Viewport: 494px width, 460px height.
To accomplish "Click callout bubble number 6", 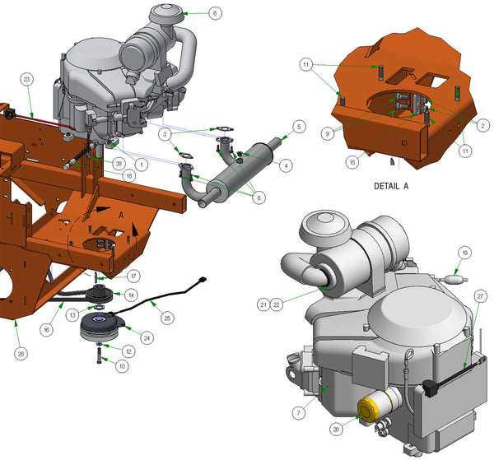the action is [x=215, y=13].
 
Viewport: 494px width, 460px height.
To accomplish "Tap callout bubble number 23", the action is [x=27, y=79].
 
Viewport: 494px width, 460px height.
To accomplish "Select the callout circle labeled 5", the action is [x=299, y=127].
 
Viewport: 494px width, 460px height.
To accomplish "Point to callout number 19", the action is [x=465, y=253].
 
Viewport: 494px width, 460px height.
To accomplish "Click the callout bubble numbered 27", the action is [x=481, y=296].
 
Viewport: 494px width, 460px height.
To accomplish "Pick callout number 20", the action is [x=336, y=430].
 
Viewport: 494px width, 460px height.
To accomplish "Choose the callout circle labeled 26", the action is [x=21, y=354].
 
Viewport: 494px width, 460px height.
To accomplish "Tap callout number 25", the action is [x=167, y=318].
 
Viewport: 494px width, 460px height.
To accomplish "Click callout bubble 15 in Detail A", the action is [x=352, y=162].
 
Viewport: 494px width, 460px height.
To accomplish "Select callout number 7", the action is [x=299, y=412].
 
